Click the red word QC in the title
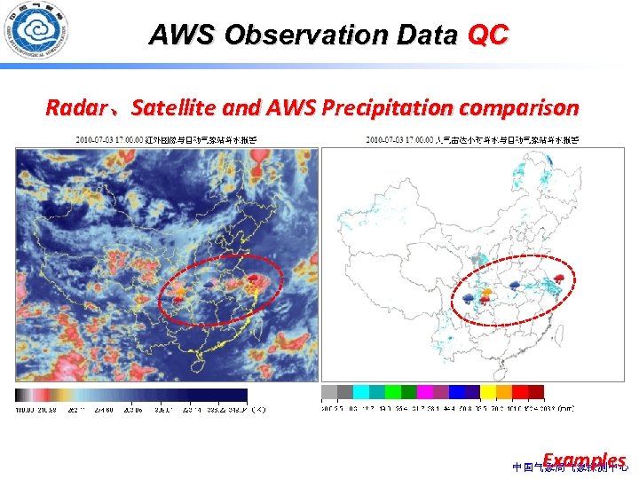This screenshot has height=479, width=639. click(487, 35)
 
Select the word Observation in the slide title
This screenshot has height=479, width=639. click(283, 35)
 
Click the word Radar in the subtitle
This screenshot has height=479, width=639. click(75, 108)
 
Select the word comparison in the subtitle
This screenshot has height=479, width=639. click(522, 108)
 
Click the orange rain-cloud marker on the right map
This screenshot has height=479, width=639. click(485, 292)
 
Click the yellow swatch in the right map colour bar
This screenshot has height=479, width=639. click(487, 392)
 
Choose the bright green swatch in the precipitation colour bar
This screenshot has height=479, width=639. click(392, 392)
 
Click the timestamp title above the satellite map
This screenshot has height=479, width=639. click(167, 139)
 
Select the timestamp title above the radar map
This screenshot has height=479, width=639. click(472, 139)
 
